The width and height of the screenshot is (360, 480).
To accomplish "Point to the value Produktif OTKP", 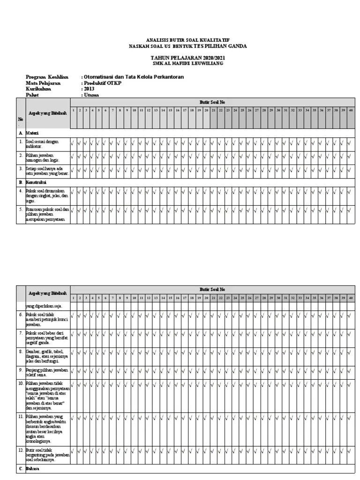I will click(102, 83).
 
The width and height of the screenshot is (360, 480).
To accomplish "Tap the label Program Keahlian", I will click(47, 77).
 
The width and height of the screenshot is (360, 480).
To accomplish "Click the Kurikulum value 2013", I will click(89, 89).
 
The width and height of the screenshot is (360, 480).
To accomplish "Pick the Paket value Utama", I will click(91, 95).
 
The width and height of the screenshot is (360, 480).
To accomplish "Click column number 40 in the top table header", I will click(350, 111).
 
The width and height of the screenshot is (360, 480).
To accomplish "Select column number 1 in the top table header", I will click(74, 111).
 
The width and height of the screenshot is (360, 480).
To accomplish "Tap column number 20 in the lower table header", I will click(206, 298).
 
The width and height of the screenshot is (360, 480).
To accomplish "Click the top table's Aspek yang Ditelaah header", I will click(47, 113).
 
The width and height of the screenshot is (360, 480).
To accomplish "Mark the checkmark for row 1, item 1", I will click(73, 143).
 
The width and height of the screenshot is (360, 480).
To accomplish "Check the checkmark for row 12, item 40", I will click(350, 452).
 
